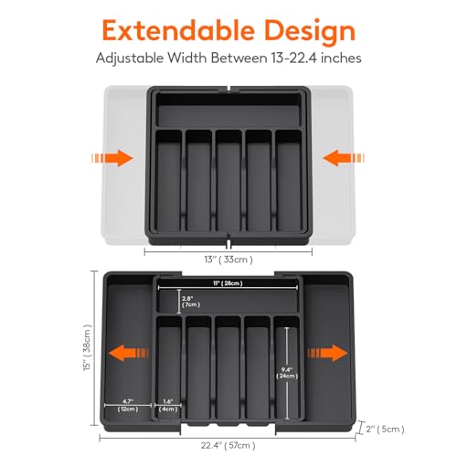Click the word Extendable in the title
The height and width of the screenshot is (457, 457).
click(175, 31)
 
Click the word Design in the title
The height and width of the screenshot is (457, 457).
click(304, 31)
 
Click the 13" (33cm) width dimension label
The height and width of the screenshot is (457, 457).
click(228, 260)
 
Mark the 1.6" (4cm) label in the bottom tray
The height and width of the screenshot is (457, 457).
click(169, 405)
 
